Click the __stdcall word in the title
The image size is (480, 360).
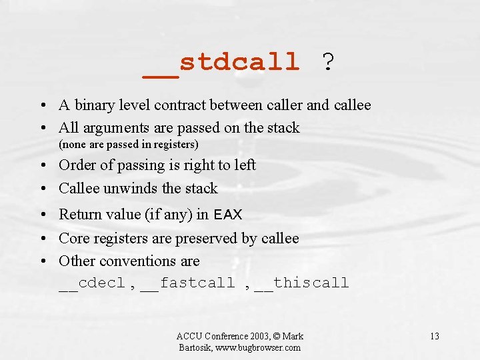221,63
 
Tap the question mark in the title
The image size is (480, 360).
327,63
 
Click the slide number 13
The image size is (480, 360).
434,336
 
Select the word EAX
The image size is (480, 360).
228,215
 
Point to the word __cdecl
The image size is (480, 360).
92,283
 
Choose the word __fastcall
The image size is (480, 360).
188,283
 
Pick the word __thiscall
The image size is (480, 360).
301,283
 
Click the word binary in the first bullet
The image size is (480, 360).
95,105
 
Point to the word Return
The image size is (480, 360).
80,215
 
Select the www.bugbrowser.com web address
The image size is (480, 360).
257,347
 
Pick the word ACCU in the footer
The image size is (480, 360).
189,336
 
